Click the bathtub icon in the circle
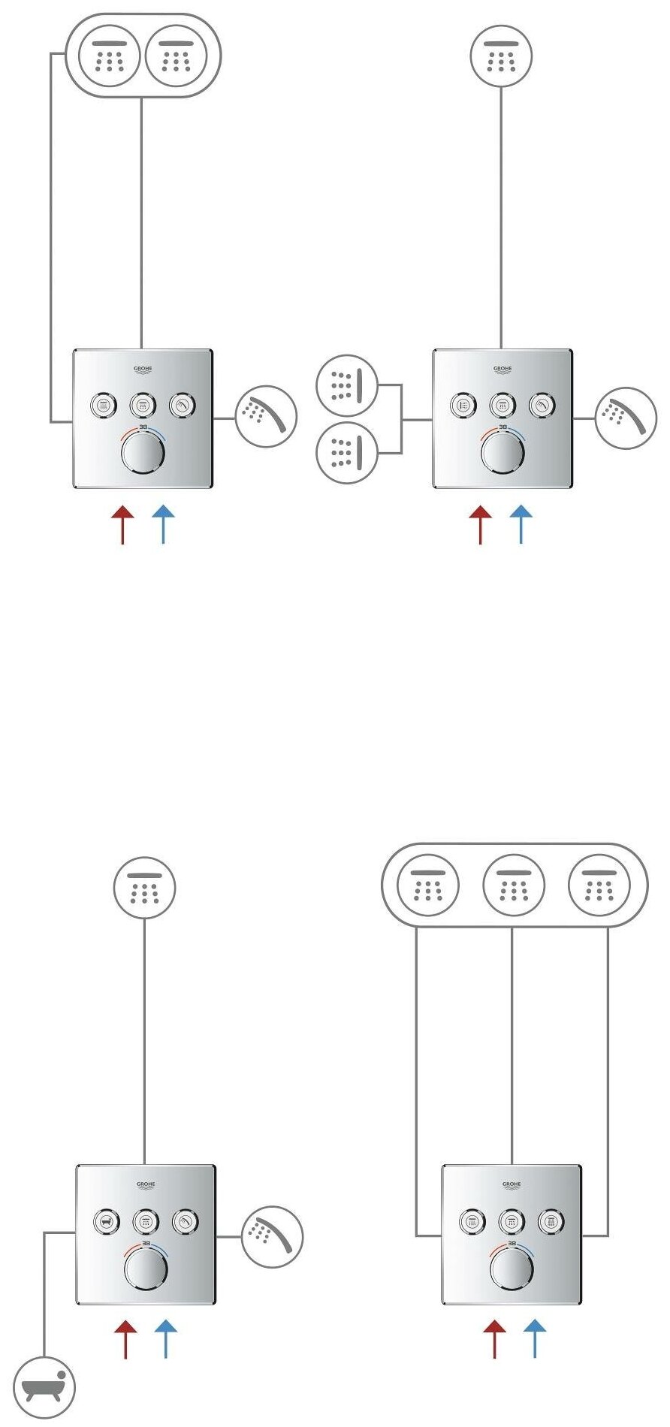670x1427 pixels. coord(44,1387)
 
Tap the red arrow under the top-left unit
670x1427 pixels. coord(122,523)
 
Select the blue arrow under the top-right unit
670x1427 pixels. coord(521,523)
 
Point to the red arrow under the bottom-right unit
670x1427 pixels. coord(494,1339)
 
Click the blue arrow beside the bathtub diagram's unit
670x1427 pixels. coord(165,1339)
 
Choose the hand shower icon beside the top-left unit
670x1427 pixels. coord(266,417)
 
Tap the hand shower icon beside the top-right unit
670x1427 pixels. coord(626,418)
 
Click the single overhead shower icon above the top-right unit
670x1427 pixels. coord(501,56)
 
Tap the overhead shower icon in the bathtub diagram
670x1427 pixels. coord(144,888)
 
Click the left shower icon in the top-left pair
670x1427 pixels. coord(110,56)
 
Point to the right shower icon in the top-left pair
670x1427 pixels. coord(176,56)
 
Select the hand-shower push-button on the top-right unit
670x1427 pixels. coord(542,406)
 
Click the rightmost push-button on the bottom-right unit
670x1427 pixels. coord(552,1222)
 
